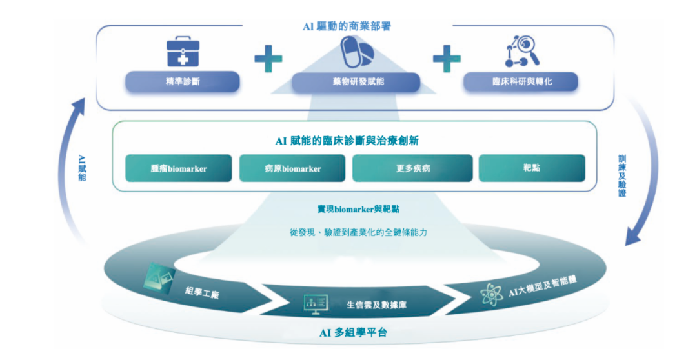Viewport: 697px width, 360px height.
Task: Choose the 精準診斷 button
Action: click(x=182, y=82)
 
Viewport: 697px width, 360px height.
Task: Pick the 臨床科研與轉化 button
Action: click(x=521, y=82)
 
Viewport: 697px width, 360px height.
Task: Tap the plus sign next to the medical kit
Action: click(x=268, y=60)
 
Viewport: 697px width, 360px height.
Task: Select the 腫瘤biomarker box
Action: click(x=179, y=168)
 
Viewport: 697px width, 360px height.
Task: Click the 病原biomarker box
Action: click(x=292, y=168)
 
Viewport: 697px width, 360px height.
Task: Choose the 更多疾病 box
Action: click(x=412, y=168)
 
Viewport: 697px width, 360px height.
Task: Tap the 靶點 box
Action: click(x=532, y=168)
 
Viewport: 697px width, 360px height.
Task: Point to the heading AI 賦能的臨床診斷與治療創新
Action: click(x=348, y=140)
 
